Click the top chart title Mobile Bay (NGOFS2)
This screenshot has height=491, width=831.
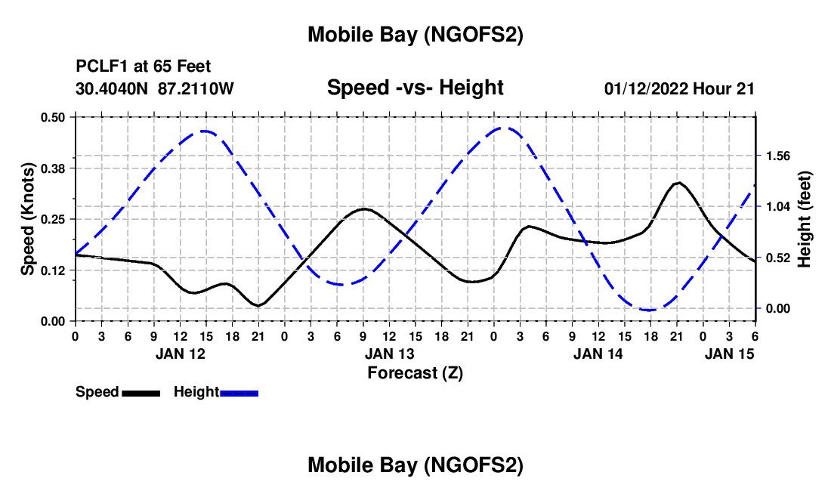[x=415, y=35]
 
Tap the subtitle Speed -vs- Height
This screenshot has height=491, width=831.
[x=415, y=88]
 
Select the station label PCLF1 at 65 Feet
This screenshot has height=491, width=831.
[x=144, y=66]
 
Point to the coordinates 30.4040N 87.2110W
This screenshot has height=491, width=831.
[x=155, y=88]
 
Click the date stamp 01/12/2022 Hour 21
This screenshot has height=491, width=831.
[x=679, y=88]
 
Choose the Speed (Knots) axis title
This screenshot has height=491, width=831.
[x=28, y=219]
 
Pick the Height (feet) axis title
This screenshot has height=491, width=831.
[x=804, y=219]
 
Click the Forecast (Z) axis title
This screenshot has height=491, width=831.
[x=415, y=372]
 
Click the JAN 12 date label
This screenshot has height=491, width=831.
[x=180, y=354]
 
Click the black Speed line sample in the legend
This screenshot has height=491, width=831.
[x=141, y=393]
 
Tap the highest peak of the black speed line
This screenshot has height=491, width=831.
[x=678, y=183]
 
